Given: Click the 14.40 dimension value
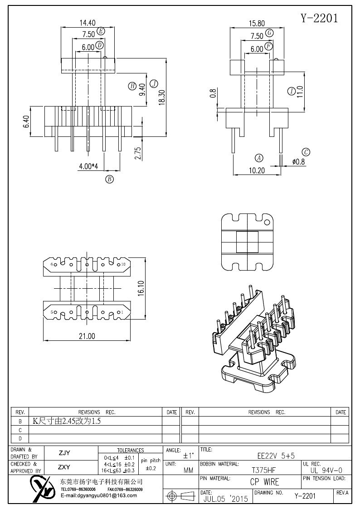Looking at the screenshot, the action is [88, 23].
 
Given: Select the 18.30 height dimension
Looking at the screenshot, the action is [162, 97].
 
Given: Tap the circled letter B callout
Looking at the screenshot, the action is [110, 179].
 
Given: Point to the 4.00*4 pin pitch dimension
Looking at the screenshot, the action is [88, 166].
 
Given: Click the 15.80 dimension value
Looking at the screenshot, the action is [257, 24].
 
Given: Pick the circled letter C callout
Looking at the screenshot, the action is [306, 152].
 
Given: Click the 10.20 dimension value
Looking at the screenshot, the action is [257, 170].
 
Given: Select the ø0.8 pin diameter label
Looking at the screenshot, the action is [299, 162].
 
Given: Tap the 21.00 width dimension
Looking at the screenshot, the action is [87, 336].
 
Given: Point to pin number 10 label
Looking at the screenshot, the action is [123, 264].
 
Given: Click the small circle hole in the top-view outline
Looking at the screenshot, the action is [267, 223].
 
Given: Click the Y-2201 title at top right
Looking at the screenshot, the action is [319, 18].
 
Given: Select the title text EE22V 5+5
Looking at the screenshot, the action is [276, 456].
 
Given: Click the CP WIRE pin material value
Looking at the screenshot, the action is [265, 482].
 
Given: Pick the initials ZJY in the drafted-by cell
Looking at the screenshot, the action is [64, 453].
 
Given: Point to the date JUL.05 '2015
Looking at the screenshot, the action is [226, 498].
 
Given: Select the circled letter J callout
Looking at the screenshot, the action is [154, 84].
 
